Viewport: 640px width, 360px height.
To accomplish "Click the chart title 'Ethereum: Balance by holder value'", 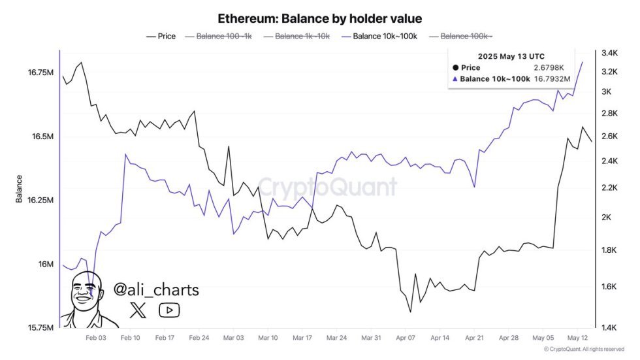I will pos(320,18).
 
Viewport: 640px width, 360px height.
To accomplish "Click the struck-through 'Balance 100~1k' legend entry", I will pos(219,37).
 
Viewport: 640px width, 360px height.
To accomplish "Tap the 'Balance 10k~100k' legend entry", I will pos(379,37).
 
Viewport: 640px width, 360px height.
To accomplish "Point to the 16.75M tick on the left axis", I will pos(40,73).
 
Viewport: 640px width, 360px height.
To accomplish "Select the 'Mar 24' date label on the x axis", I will pos(336,338).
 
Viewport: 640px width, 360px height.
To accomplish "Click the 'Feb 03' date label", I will pos(96,338).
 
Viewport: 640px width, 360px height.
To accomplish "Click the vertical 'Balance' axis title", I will pos(19,189).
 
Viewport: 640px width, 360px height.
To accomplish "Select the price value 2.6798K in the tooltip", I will pos(552,67).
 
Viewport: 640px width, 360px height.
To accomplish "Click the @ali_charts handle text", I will pos(156,289).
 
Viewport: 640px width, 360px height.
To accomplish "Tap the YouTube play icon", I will pos(169,310).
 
